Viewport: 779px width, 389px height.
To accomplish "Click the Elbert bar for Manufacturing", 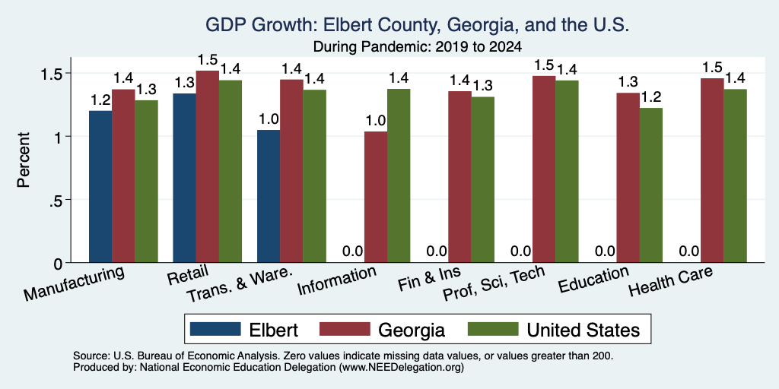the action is coord(100,187).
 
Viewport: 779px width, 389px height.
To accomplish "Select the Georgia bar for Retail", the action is coord(207,166).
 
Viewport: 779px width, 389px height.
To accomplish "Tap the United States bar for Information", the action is coord(399,176).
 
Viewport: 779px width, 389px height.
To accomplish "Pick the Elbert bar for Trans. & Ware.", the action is coord(269,196).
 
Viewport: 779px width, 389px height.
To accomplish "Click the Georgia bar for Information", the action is coord(376,197).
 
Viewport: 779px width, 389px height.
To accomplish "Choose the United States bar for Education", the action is coord(651,185).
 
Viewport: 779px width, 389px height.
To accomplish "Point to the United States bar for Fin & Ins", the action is coord(483,179).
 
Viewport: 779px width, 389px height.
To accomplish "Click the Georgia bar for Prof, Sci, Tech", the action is coord(544,169).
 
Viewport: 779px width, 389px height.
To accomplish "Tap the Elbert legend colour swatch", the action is coord(215,329).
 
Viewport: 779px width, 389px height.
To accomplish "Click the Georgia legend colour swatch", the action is coord(345,329).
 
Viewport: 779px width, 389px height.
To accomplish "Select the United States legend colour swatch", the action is coord(493,329).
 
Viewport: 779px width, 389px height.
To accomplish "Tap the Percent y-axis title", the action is coord(24,160).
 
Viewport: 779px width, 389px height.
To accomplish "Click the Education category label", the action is coord(593,280).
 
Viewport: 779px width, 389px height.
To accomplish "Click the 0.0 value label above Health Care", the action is coord(689,251).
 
